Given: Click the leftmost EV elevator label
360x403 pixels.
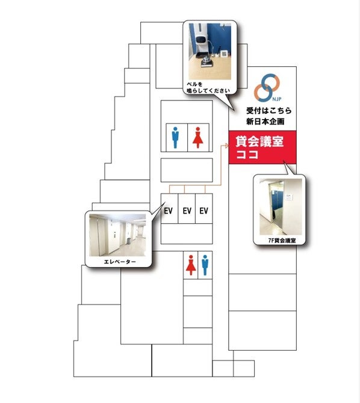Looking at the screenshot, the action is pyautogui.click(x=168, y=211).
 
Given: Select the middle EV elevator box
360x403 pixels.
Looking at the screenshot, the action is pyautogui.click(x=187, y=208).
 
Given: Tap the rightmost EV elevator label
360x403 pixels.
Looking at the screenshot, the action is pyautogui.click(x=204, y=211).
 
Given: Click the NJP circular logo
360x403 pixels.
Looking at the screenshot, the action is pyautogui.click(x=267, y=87).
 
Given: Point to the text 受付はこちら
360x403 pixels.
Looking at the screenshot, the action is pyautogui.click(x=269, y=111).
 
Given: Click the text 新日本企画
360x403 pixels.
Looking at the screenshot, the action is pyautogui.click(x=265, y=122).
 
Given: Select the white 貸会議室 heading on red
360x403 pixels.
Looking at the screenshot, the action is pyautogui.click(x=259, y=141).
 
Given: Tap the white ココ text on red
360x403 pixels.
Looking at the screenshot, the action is pyautogui.click(x=247, y=155).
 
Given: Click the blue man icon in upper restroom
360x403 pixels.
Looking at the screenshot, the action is pyautogui.click(x=175, y=138).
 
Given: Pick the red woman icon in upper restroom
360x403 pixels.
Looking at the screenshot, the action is pyautogui.click(x=197, y=138).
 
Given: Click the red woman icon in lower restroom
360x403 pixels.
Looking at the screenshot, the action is pyautogui.click(x=191, y=265).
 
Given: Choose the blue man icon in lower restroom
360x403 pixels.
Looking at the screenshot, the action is pyautogui.click(x=205, y=265).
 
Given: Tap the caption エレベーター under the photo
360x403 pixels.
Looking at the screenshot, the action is pyautogui.click(x=120, y=262).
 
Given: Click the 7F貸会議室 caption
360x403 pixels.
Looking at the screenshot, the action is pyautogui.click(x=282, y=241).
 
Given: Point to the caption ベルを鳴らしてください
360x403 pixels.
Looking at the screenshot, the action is pyautogui.click(x=208, y=87).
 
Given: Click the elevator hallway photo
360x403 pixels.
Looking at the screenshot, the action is pyautogui.click(x=117, y=235).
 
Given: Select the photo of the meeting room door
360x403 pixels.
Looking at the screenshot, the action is pyautogui.click(x=281, y=207).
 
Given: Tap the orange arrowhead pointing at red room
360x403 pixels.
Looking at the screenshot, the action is pyautogui.click(x=226, y=146).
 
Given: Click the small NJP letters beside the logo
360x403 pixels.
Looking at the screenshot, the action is pyautogui.click(x=277, y=99).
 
